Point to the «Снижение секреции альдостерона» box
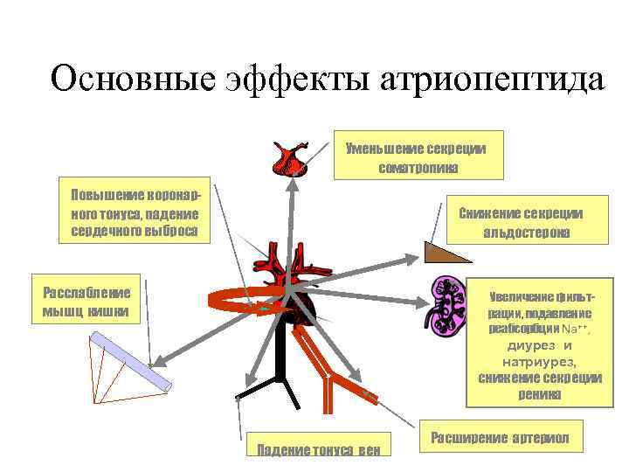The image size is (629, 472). (526, 223)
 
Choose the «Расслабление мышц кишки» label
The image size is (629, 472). (86, 302)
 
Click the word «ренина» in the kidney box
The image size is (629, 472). (539, 394)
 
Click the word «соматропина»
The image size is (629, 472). (418, 165)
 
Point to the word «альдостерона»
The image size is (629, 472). (526, 233)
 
